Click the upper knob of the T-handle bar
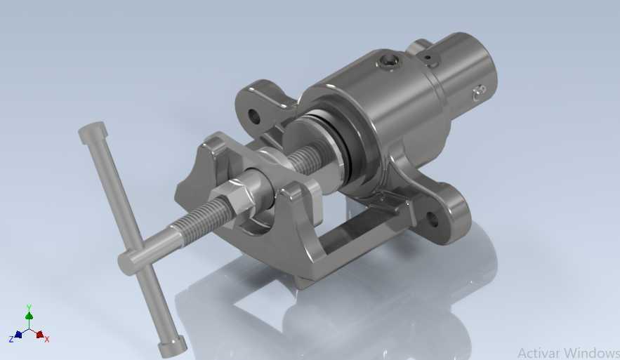(x=92, y=133)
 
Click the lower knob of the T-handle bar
(x=172, y=346)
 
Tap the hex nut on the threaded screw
(x=230, y=198)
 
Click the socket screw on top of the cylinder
(x=388, y=62)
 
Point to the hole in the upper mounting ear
(x=253, y=116)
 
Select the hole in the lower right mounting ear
(x=433, y=219)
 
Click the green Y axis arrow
(x=29, y=315)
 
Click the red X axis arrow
(x=39, y=335)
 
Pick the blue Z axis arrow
(x=18, y=335)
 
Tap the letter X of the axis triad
(x=47, y=339)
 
